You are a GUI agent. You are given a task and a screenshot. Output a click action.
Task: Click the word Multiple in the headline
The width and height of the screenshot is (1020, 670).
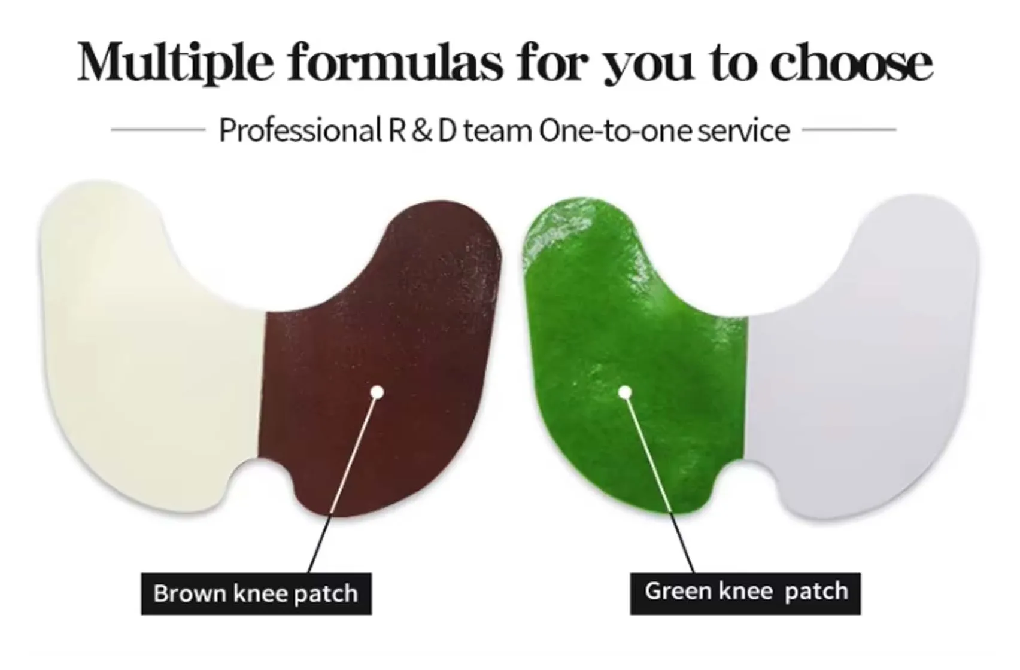coord(176,62)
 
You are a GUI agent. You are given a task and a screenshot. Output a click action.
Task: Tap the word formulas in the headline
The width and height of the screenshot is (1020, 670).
coord(396,62)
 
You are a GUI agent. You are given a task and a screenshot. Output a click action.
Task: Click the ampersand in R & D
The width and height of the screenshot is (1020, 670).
coord(422,130)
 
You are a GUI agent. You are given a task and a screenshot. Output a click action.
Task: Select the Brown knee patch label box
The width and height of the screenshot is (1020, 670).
coord(256,593)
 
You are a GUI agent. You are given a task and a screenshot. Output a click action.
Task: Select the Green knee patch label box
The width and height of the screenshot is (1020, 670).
coord(745,593)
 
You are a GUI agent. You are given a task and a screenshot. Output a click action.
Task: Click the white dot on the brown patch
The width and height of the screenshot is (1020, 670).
coord(377,392)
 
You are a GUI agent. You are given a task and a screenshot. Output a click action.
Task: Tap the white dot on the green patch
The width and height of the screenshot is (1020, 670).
coord(625,392)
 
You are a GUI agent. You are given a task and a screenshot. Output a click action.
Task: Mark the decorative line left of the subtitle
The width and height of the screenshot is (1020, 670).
coord(158,129)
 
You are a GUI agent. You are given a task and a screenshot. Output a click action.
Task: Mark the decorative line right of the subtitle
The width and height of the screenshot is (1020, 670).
coord(849,129)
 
